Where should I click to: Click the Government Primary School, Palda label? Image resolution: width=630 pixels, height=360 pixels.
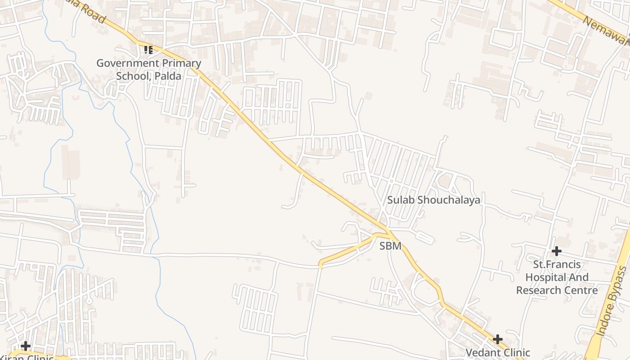[148, 69]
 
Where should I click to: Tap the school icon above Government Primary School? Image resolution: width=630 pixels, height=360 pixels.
[148, 50]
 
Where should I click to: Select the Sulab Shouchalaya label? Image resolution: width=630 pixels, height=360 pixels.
[434, 200]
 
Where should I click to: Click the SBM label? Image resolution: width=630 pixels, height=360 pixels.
[390, 246]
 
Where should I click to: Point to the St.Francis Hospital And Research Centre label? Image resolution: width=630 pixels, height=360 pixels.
[557, 277]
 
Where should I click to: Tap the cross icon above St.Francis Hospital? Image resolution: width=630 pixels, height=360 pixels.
[557, 251]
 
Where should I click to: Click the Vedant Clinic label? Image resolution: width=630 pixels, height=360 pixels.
[498, 352]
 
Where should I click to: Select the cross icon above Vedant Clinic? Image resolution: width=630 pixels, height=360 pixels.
[498, 339]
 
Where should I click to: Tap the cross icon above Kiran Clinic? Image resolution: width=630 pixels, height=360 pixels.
[26, 346]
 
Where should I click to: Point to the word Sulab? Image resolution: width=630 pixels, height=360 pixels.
[400, 200]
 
